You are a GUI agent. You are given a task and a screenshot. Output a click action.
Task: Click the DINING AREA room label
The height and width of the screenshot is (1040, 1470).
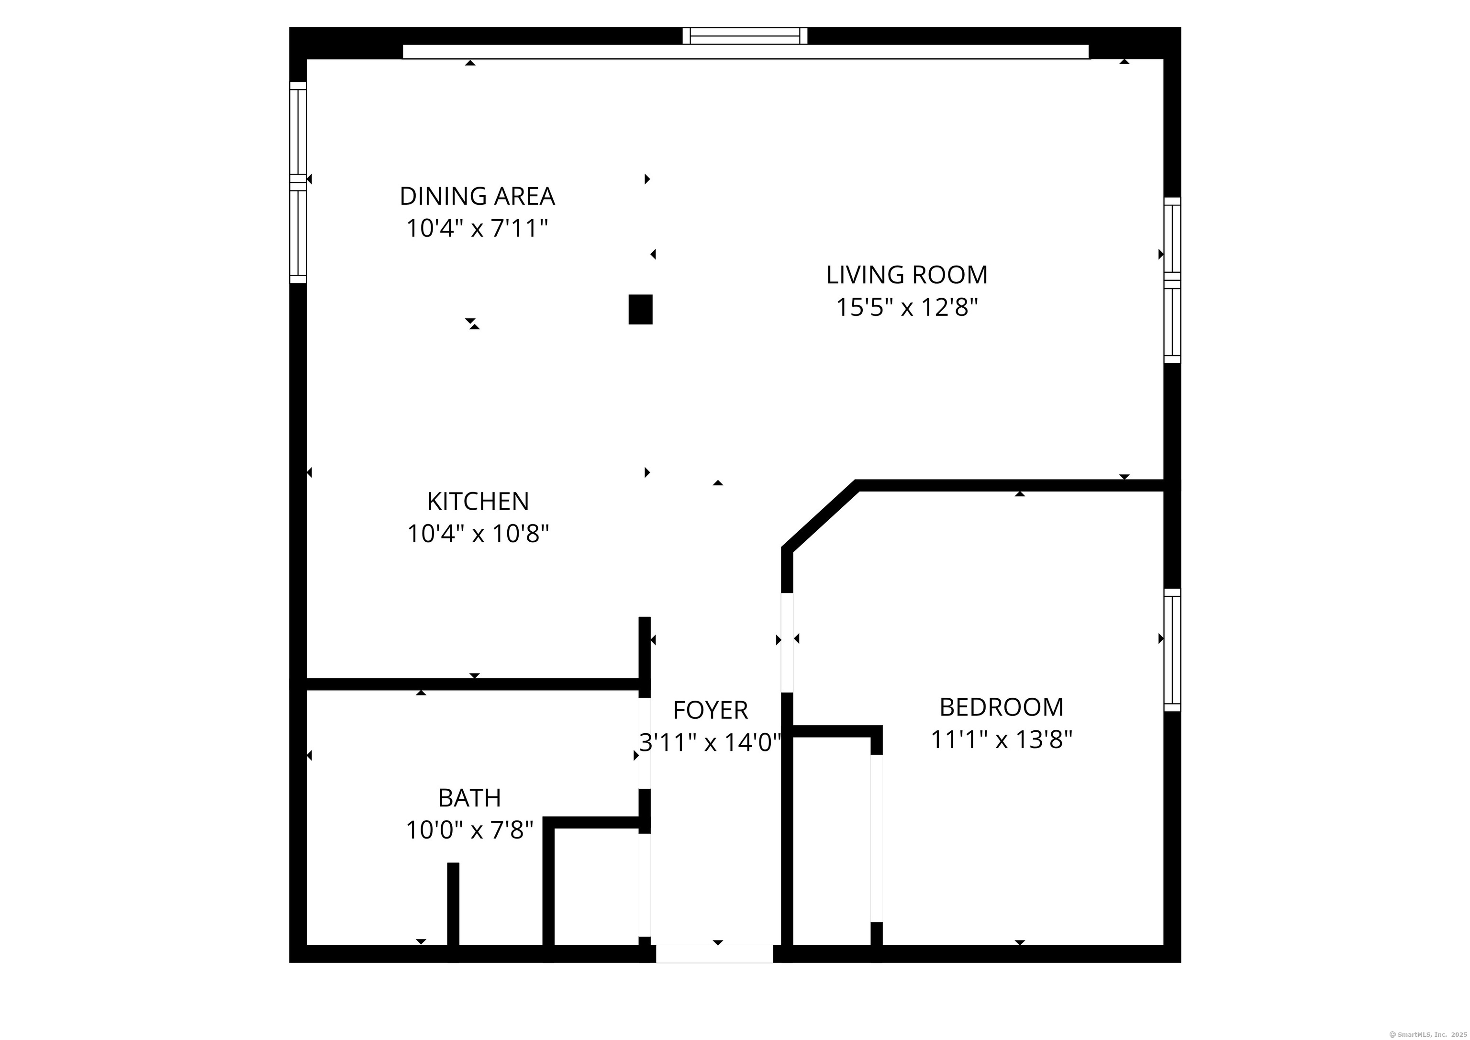[x=477, y=196]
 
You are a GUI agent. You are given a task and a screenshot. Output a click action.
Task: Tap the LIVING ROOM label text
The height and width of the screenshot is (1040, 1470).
[x=907, y=275]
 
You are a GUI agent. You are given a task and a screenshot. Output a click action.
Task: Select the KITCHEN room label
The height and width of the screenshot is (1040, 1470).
[x=478, y=502]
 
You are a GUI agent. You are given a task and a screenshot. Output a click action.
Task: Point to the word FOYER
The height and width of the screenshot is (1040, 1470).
[x=710, y=710]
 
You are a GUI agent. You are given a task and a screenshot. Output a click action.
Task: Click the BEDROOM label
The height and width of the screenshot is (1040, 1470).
[x=1002, y=707]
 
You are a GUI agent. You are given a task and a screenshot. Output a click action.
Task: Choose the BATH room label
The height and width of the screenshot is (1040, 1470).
[x=469, y=798]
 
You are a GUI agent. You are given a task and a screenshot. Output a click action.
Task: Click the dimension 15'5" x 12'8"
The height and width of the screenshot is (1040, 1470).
[x=907, y=308]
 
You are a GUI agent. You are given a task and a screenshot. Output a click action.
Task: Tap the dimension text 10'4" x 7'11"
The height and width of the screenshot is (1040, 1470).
[x=477, y=229]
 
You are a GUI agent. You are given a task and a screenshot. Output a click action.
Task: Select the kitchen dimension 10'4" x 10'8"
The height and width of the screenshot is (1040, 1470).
[x=478, y=534]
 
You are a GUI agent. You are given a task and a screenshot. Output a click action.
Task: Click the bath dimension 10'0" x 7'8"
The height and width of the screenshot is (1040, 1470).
[x=469, y=830]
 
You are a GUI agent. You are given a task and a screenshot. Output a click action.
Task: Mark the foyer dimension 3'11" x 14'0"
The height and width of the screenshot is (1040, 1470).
[x=710, y=743]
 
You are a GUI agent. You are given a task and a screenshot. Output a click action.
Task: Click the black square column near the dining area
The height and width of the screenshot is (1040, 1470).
[x=640, y=309]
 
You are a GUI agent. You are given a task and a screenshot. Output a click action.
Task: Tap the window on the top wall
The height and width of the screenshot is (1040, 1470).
[x=745, y=36]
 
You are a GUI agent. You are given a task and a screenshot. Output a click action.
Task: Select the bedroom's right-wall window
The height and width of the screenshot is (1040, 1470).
[x=1172, y=650]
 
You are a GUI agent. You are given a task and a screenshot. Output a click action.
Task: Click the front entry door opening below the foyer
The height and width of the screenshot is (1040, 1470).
[x=714, y=953]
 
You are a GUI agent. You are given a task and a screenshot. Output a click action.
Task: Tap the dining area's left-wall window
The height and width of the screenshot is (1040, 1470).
[x=298, y=182]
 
